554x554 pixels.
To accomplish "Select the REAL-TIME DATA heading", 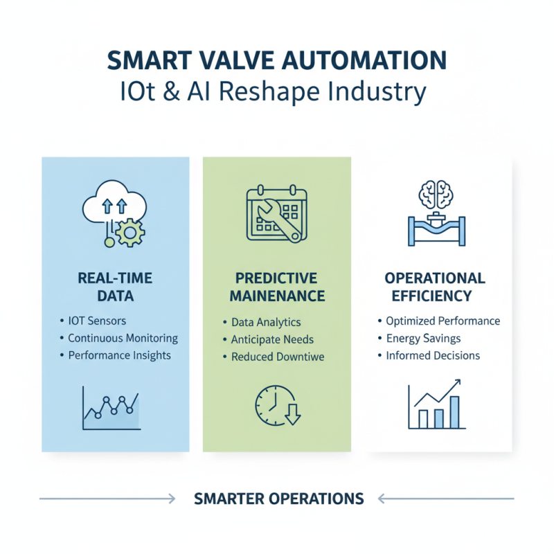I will coord(115,287).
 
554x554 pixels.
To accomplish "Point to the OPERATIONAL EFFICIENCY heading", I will coord(435,287).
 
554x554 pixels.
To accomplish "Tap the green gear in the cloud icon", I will coord(129,233).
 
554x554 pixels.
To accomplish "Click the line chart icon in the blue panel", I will coord(111,409).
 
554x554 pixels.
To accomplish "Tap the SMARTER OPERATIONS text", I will coord(279,499).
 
